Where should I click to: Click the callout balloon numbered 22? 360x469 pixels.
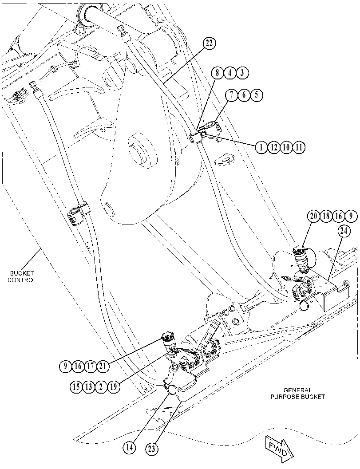click(209, 43)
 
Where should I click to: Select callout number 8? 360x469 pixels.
click(217, 73)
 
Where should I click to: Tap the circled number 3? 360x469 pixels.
click(242, 73)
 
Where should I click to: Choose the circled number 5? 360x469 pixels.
click(257, 95)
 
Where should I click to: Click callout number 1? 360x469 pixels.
click(261, 147)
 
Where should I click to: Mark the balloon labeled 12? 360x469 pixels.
click(274, 147)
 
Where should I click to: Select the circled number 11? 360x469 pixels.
click(299, 147)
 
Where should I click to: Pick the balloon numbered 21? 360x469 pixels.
click(103, 366)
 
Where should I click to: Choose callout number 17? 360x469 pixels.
click(90, 366)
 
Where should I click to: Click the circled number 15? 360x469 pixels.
click(76, 387)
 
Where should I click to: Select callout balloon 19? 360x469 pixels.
click(114, 387)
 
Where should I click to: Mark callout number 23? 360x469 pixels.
click(152, 449)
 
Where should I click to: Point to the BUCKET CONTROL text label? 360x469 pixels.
click(22, 277)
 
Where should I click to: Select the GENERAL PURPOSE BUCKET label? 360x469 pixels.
click(298, 394)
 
